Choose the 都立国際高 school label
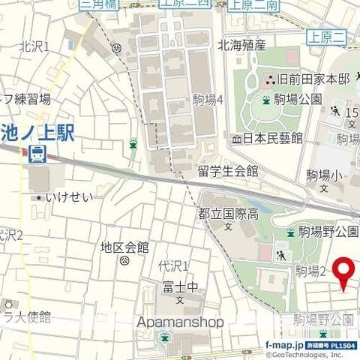click(228, 214)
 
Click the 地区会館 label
click(124, 247)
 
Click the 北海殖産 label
click(241, 45)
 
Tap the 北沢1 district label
click(34, 46)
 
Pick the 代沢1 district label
click(173, 265)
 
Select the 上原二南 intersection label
click(252, 4)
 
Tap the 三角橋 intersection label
click(99, 4)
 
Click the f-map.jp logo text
click(284, 344)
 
